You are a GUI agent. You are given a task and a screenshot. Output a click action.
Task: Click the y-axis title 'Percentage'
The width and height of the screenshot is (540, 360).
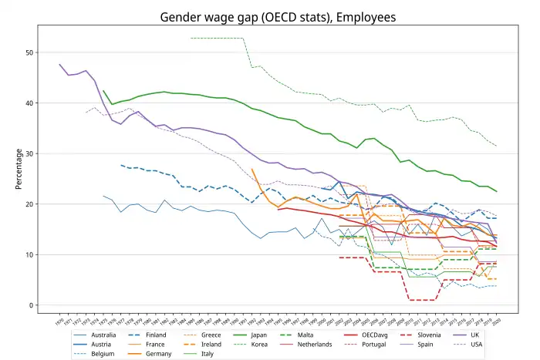pyautogui.click(x=18, y=168)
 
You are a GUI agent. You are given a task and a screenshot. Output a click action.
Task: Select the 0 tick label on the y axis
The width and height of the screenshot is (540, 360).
pyautogui.click(x=32, y=305)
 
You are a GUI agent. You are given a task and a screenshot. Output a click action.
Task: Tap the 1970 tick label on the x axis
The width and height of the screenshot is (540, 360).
pyautogui.click(x=59, y=320)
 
